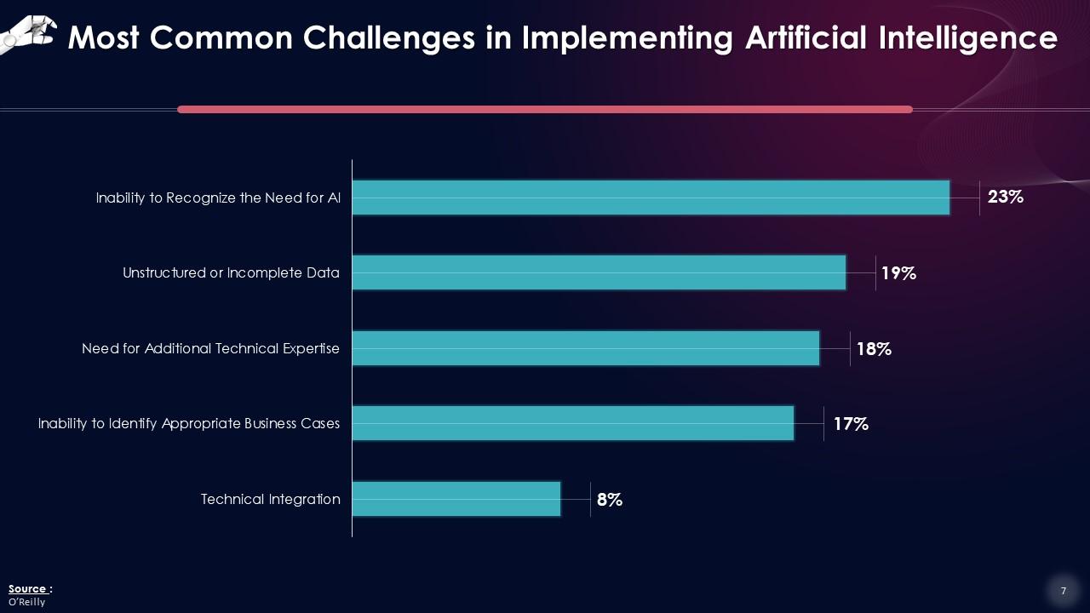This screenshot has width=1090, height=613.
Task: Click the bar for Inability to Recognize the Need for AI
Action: coord(651,198)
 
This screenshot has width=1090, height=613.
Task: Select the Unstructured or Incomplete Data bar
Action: coord(599,272)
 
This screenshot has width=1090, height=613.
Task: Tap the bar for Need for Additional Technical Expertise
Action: coord(586,348)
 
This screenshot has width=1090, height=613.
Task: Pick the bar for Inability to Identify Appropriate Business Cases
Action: coord(573,423)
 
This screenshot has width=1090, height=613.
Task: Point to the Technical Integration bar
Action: coord(456,499)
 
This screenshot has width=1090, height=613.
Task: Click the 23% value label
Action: coord(1005,198)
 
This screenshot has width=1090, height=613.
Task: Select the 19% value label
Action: coord(898,273)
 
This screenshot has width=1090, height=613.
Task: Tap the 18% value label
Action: coord(874,349)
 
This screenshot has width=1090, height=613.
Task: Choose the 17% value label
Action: coord(850,424)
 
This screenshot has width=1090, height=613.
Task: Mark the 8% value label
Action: coord(610,500)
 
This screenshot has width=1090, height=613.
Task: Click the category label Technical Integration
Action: coord(270,499)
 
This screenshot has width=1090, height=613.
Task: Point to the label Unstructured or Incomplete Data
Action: coord(231,273)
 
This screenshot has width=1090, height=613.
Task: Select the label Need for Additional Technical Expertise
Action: coord(210,348)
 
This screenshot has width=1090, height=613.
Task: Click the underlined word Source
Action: coord(27,589)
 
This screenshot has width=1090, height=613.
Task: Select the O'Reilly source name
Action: coord(26,602)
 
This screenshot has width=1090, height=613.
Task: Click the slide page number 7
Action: coord(1063,591)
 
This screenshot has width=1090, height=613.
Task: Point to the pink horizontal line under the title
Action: coord(545,109)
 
